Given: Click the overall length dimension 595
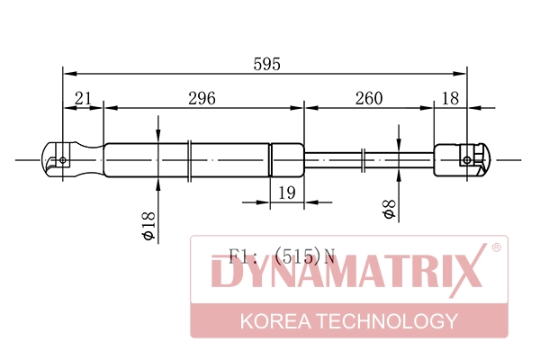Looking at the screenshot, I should (x=267, y=64).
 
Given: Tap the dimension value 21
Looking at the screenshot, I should (x=83, y=98).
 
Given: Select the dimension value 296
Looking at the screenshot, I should (x=201, y=98).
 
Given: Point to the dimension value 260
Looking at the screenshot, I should (x=369, y=98).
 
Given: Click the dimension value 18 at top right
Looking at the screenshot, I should (x=450, y=98).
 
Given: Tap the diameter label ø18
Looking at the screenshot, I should (x=148, y=224).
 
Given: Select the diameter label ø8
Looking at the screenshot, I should (x=389, y=210).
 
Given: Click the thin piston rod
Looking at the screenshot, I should (x=369, y=160).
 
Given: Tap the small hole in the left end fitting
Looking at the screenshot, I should (x=62, y=160).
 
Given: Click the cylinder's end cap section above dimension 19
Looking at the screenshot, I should (x=287, y=160).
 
